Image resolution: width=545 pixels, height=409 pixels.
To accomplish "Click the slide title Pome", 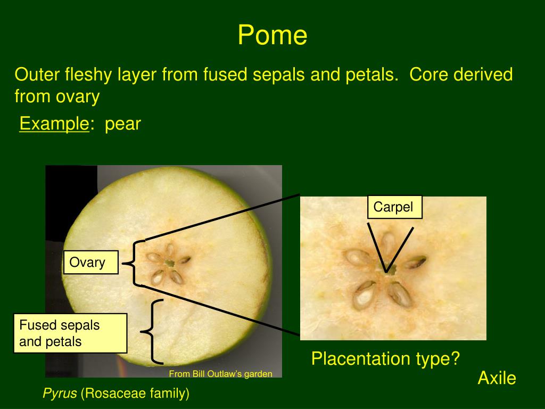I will (272, 35).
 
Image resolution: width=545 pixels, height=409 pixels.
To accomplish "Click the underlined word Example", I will (54, 124).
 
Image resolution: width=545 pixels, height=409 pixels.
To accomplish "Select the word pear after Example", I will (122, 125).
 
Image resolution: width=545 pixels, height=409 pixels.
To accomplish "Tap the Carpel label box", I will (394, 207).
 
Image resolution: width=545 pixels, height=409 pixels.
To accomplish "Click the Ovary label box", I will (90, 263).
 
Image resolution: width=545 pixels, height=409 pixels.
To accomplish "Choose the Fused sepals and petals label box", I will (70, 333).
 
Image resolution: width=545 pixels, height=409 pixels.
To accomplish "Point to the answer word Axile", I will (497, 379).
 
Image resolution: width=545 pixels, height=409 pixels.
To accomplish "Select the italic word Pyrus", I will (60, 394).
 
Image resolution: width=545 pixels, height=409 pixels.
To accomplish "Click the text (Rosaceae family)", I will (135, 394).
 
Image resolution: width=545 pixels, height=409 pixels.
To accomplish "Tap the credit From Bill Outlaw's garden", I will (220, 374).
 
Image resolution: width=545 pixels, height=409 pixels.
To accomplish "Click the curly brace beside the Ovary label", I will (134, 263).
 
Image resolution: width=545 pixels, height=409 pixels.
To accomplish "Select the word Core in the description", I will (429, 75).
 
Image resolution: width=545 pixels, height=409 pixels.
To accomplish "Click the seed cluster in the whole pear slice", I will (169, 263).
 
